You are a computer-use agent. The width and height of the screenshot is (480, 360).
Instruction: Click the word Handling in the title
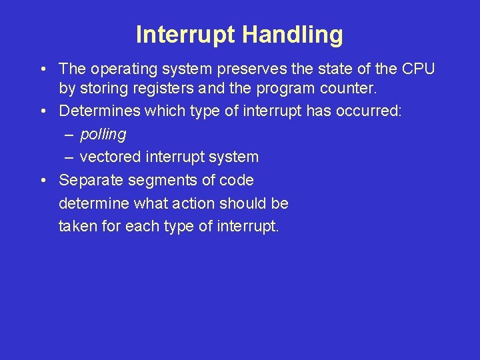coord(293,35)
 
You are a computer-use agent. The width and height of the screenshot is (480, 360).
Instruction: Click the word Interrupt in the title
coord(185,34)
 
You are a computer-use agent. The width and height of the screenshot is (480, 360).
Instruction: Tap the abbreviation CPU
coord(418,69)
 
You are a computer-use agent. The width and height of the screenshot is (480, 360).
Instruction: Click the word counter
coord(348,89)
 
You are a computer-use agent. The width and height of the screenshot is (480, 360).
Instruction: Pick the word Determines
coord(99,111)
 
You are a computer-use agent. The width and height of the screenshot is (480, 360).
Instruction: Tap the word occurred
coord(368,111)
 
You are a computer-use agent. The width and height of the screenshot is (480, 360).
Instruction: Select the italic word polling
coord(103,135)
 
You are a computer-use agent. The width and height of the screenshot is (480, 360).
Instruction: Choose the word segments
coord(162,181)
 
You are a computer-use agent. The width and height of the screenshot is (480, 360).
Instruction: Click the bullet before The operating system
coord(43,69)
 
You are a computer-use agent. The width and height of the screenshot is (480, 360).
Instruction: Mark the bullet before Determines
coord(43,111)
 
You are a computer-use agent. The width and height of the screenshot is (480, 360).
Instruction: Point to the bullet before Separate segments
coord(43,180)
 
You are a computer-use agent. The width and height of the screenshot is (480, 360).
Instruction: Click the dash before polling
coord(69,135)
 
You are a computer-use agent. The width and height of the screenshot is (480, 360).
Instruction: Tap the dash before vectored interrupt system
coord(69,158)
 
